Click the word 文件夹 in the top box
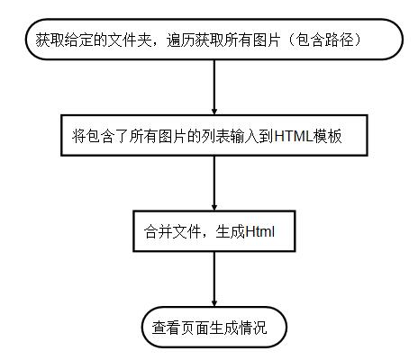click(x=130, y=40)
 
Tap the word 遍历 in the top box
click(x=181, y=40)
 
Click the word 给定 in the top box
click(x=79, y=40)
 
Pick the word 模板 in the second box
click(x=327, y=136)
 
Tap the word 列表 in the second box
click(x=216, y=136)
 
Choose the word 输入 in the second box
click(x=245, y=136)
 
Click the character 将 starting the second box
click(x=79, y=136)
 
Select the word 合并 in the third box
click(x=159, y=232)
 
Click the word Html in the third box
click(x=259, y=232)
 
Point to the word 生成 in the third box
click(x=231, y=232)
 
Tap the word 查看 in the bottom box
click(x=166, y=328)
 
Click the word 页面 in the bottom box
click(x=195, y=328)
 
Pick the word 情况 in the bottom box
click(x=252, y=328)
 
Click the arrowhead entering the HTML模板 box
click(x=214, y=111)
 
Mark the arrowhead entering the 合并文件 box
click(x=214, y=207)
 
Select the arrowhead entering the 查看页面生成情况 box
click(x=214, y=302)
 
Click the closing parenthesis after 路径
click(x=358, y=40)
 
